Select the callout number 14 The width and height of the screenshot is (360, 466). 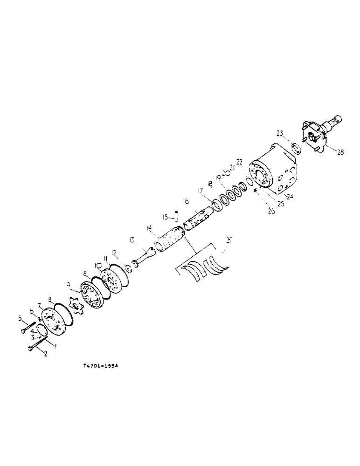click(x=149, y=229)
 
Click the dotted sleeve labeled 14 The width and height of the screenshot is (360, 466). click(x=170, y=238)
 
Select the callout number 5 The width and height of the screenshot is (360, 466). click(x=20, y=319)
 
